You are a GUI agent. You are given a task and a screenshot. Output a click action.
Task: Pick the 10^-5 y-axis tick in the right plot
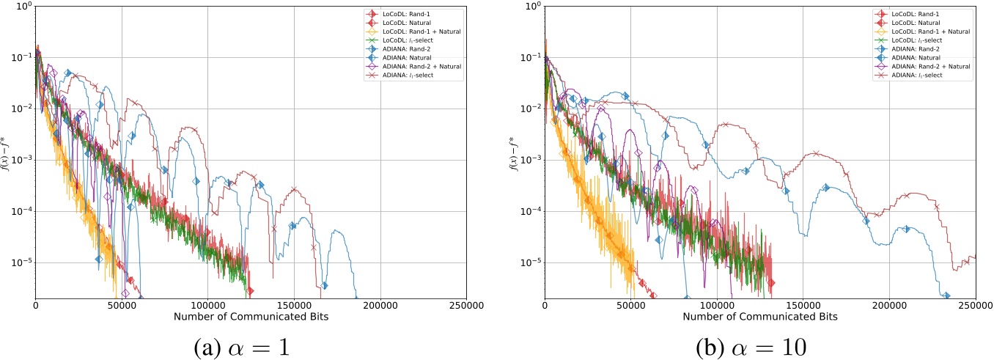(x=529, y=263)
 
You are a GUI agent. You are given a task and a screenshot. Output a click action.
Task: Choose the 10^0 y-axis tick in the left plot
(x=22, y=7)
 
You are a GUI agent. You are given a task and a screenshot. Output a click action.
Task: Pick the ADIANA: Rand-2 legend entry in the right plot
(x=916, y=48)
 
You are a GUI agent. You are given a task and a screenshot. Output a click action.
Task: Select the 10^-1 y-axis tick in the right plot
(x=529, y=58)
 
